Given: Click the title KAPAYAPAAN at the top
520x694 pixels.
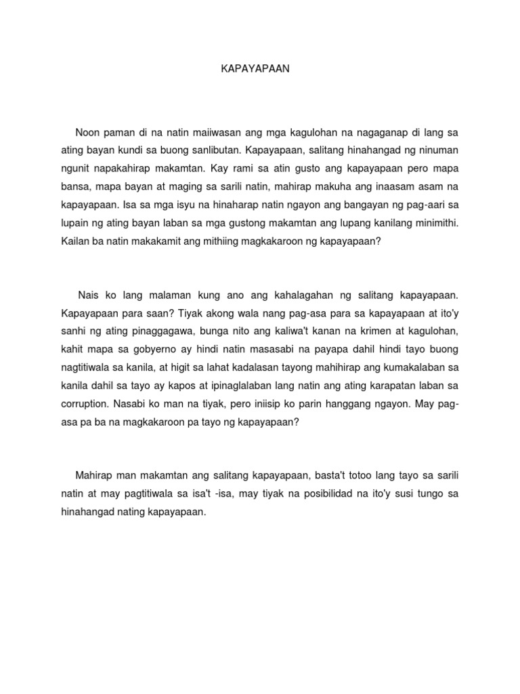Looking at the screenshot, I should point(255,69).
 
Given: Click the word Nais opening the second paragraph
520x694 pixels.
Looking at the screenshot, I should point(89,295).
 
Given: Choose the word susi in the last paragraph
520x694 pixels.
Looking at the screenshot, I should point(408,494).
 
